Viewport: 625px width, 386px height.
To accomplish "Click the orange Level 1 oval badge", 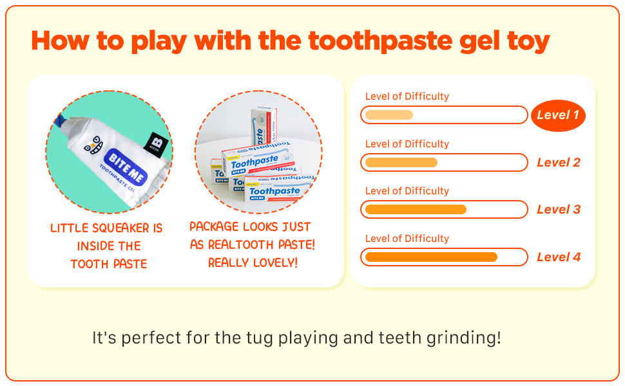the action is click(x=558, y=115).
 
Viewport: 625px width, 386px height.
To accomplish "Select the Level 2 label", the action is click(x=559, y=162).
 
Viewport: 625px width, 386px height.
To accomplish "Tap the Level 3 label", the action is click(x=559, y=209).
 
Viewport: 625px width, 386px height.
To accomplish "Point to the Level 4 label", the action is click(x=559, y=257).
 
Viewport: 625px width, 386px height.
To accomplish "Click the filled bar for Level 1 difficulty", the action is click(x=389, y=115).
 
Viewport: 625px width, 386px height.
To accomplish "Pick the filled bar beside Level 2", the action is click(x=401, y=162).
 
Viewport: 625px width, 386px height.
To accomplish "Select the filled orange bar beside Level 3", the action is click(x=416, y=209).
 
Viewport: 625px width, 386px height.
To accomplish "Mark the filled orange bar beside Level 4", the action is click(x=431, y=257).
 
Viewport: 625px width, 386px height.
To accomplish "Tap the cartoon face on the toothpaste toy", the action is click(x=93, y=145).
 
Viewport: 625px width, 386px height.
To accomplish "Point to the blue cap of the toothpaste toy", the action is click(x=59, y=121).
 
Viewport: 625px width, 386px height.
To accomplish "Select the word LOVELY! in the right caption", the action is click(x=274, y=262).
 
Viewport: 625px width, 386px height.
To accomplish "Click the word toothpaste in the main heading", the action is click(x=380, y=41).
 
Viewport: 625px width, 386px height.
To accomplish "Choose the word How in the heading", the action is click(x=60, y=41).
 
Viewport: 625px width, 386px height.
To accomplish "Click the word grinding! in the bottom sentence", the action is click(x=463, y=338).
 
